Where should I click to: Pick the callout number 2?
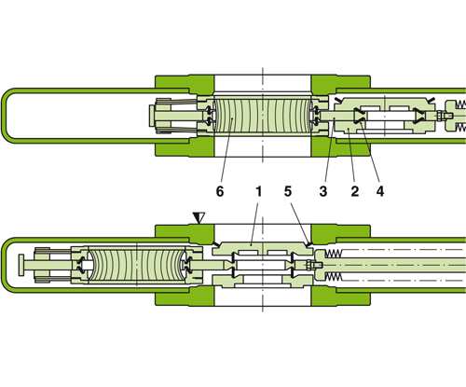(354, 190)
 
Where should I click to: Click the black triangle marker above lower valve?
(198, 218)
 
